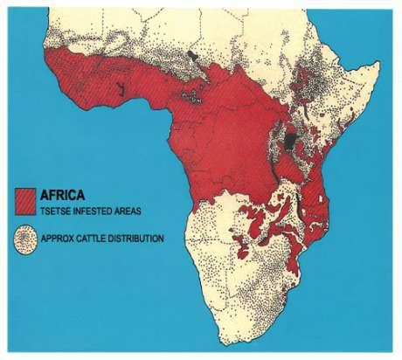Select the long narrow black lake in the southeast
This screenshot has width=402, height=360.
tap(298, 206)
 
